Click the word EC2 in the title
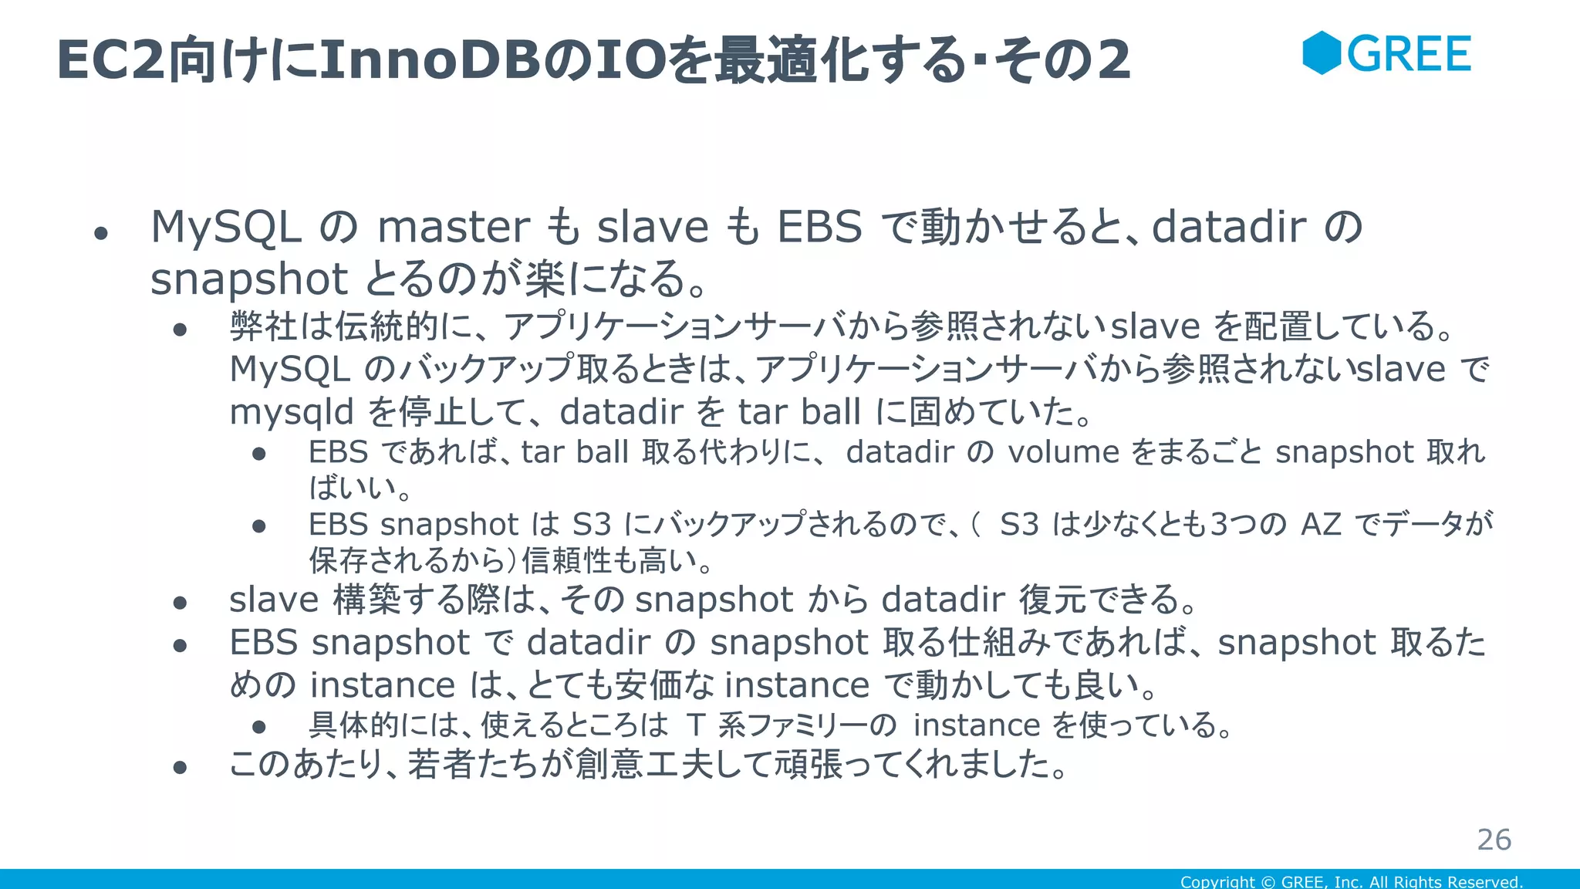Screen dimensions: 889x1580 [111, 60]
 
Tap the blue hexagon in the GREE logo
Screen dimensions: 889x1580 [1322, 53]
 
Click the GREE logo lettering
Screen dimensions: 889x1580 [1409, 54]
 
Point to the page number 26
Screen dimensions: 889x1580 [1494, 840]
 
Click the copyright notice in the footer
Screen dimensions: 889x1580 [1351, 881]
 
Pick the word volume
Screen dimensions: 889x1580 [1063, 452]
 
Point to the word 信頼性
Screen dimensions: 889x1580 [569, 561]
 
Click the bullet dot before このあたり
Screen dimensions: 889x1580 [181, 767]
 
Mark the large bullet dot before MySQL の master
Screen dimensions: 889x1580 [100, 233]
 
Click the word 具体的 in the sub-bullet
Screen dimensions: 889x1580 [354, 725]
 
